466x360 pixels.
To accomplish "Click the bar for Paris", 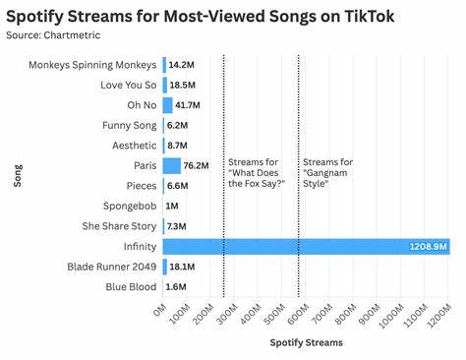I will point(172,165).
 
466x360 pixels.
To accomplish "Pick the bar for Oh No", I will point(167,105).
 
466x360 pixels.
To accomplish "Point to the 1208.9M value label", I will point(429,246).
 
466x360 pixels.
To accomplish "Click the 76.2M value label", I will point(198,165).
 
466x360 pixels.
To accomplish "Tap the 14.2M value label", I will point(181,65).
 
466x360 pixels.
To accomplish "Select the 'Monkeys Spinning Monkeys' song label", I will point(92,65).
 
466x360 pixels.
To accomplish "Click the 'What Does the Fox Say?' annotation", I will point(256,171).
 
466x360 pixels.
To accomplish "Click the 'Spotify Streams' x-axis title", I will point(307,343).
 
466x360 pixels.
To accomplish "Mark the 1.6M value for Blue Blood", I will point(178,286).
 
